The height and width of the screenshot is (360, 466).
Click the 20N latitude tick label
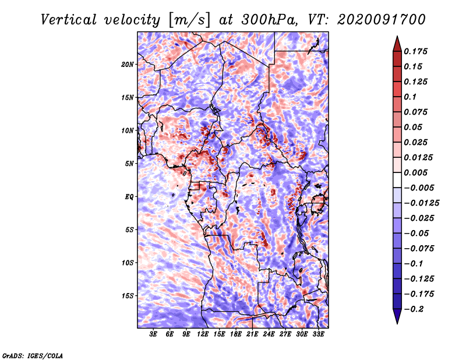[128, 65]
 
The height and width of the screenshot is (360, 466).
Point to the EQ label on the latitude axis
[129, 197]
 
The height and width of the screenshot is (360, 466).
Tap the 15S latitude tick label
[128, 296]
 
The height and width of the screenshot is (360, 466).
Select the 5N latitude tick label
[129, 164]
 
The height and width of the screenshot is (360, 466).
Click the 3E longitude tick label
[153, 334]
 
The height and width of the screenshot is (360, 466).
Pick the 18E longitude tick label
[236, 334]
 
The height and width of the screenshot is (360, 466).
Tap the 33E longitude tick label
[318, 334]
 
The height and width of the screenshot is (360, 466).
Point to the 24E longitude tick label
[269, 334]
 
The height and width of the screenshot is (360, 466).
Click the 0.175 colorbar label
[415, 51]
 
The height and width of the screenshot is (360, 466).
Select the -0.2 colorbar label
[414, 309]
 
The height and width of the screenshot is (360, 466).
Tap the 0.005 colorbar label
[415, 172]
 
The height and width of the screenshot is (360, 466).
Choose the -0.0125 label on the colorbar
[421, 203]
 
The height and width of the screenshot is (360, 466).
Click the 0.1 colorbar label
[410, 97]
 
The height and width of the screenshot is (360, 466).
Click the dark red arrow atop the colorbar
[397, 44]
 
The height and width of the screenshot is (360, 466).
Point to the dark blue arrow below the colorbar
[397, 316]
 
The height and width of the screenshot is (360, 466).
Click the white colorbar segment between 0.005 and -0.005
[397, 180]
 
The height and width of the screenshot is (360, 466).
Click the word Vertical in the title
[69, 20]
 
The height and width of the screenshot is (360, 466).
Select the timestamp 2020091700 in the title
[382, 20]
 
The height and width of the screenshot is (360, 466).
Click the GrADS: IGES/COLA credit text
[33, 356]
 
